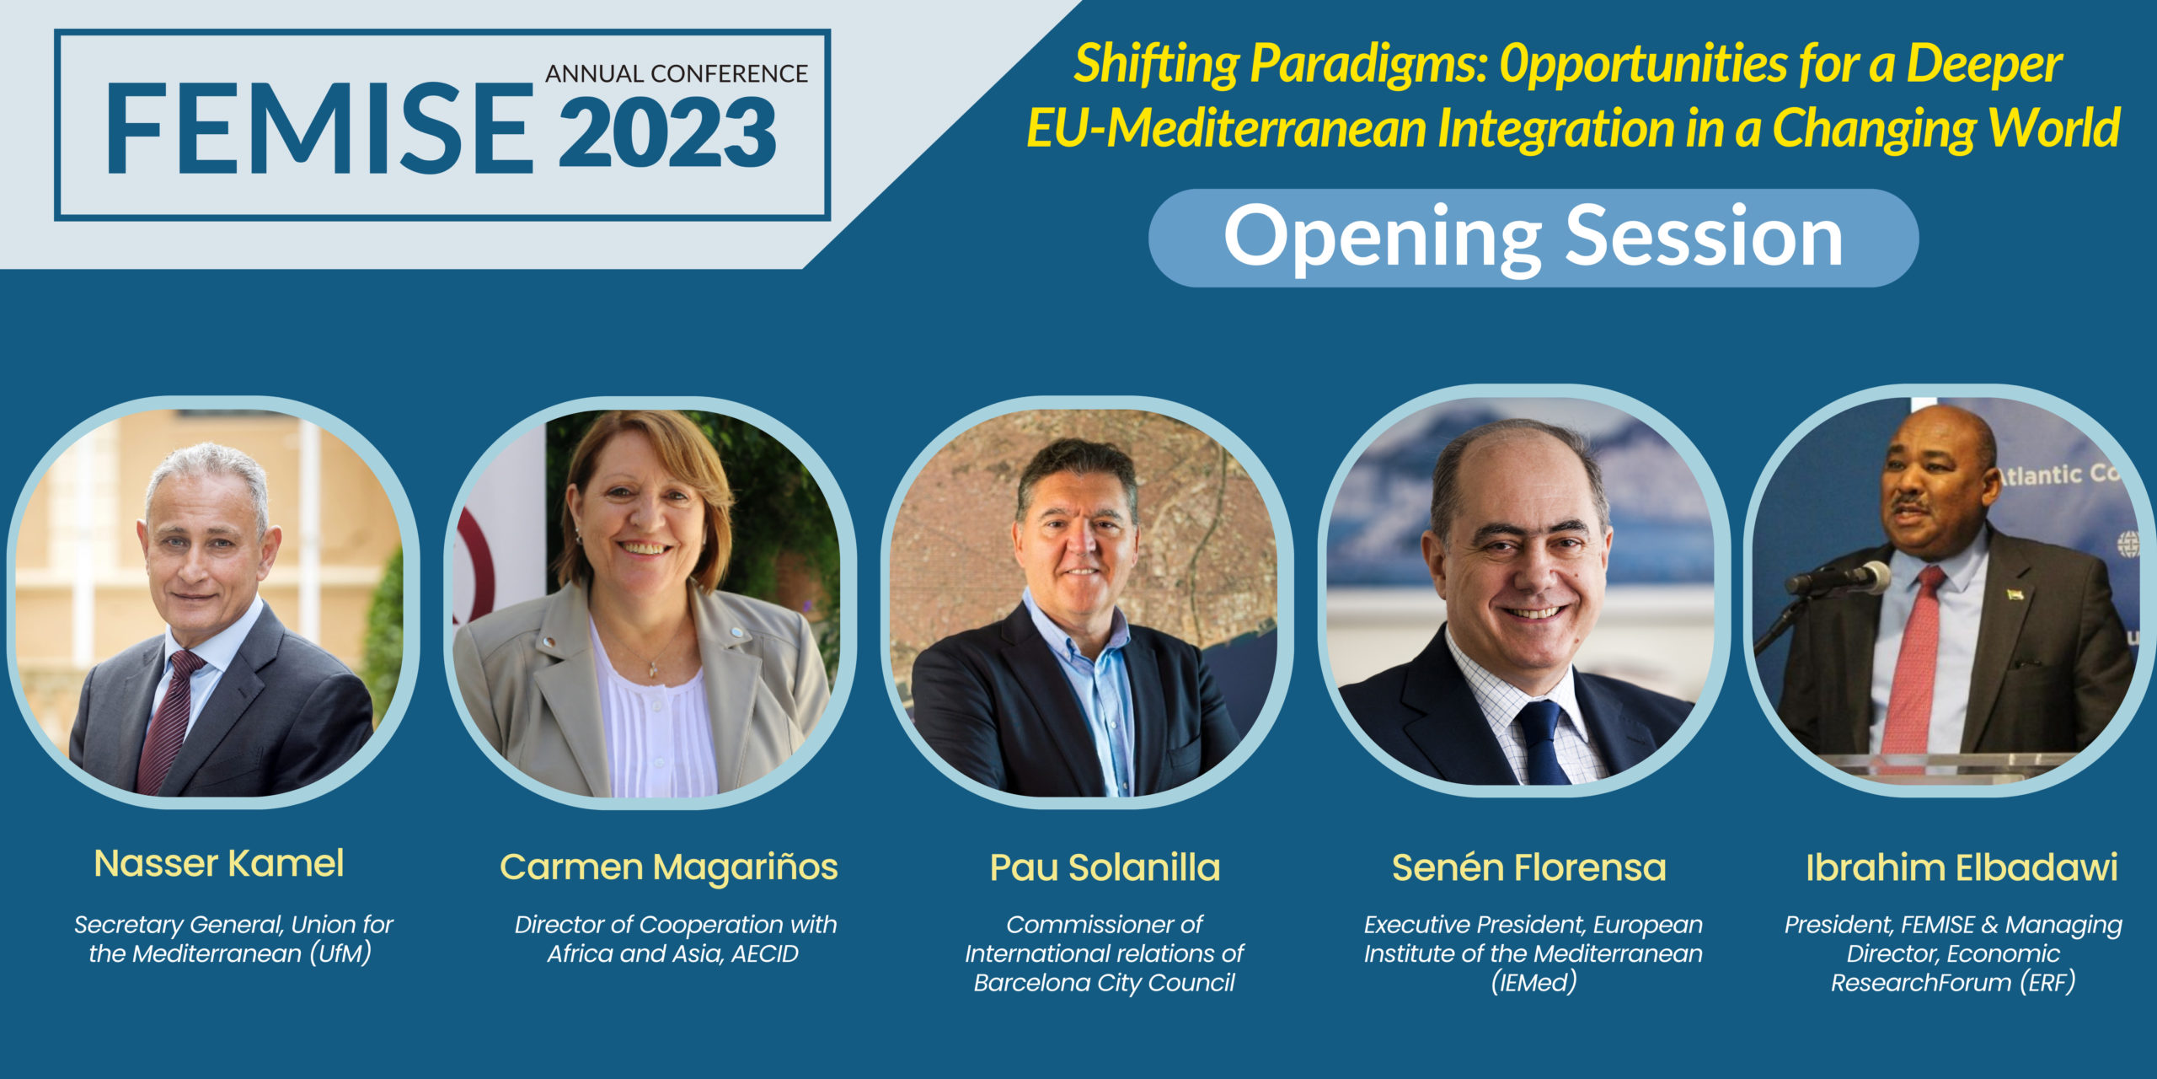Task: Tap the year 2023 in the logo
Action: (x=667, y=132)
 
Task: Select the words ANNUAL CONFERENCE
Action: (x=677, y=74)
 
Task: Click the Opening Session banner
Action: (x=1533, y=238)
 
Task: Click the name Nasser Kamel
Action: (x=219, y=863)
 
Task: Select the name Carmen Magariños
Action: (x=669, y=867)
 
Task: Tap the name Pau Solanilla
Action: (x=1105, y=867)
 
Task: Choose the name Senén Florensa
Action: (x=1529, y=867)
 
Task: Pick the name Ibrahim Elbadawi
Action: (x=1962, y=867)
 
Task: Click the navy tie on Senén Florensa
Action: (x=1541, y=742)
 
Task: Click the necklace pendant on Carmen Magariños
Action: (x=651, y=670)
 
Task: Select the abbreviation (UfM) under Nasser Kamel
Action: (x=340, y=953)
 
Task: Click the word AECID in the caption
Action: (x=765, y=953)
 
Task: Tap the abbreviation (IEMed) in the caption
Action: (x=1533, y=983)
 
